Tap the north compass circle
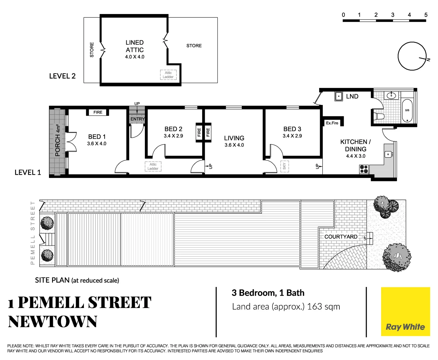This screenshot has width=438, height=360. pyautogui.click(x=412, y=56)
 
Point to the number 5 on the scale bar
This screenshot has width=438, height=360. pyautogui.click(x=426, y=15)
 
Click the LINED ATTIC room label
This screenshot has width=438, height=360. pyautogui.click(x=135, y=46)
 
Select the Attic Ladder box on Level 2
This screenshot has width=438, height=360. pyautogui.click(x=168, y=75)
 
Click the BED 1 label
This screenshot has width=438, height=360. pyautogui.click(x=97, y=137)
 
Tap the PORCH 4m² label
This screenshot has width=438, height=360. pyautogui.click(x=58, y=140)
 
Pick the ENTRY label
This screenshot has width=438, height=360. pyautogui.click(x=138, y=119)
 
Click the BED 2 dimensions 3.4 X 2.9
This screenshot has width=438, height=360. pyautogui.click(x=173, y=136)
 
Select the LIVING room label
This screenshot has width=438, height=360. pyautogui.click(x=234, y=138)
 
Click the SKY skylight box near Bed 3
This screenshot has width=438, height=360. pyautogui.click(x=284, y=166)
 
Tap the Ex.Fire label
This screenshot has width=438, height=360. pyautogui.click(x=332, y=123)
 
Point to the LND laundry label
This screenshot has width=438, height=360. pyautogui.click(x=352, y=96)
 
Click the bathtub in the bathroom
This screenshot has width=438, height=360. pyautogui.click(x=407, y=110)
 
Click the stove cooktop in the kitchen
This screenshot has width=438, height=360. pyautogui.click(x=364, y=169)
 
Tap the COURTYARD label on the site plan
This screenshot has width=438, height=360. pyautogui.click(x=341, y=237)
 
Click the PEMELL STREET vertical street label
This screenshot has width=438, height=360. pyautogui.click(x=33, y=233)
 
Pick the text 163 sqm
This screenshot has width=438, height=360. pyautogui.click(x=323, y=307)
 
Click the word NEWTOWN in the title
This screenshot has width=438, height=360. pyautogui.click(x=53, y=322)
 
